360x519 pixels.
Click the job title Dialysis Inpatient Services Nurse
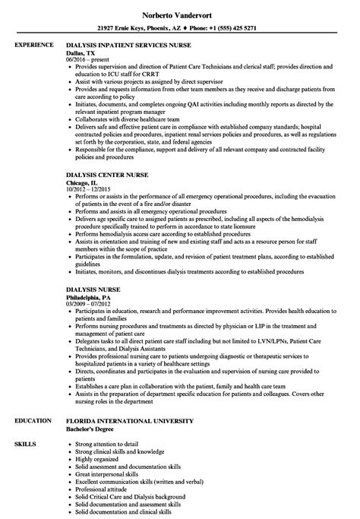(x=135, y=45)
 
